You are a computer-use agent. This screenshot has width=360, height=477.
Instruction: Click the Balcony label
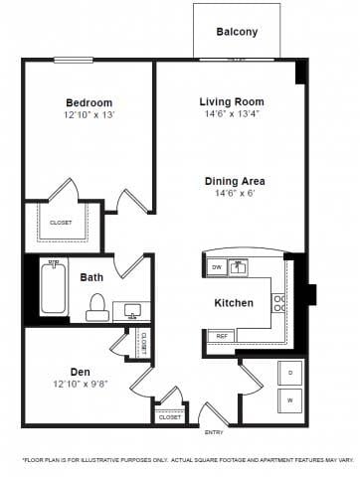click(237, 32)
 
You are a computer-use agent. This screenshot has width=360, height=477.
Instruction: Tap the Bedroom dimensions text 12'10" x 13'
click(90, 115)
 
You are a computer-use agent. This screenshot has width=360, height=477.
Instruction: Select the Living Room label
click(232, 101)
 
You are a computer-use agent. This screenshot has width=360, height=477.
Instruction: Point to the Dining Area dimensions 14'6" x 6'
click(235, 193)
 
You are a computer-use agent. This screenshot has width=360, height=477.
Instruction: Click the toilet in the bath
click(97, 307)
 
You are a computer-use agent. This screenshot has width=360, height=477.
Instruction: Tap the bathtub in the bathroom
click(54, 287)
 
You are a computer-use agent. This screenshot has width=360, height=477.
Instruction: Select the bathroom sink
click(132, 311)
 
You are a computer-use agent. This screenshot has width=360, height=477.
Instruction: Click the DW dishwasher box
click(217, 267)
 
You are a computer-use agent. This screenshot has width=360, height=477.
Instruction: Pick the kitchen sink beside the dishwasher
click(238, 267)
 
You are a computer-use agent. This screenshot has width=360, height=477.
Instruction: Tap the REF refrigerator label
click(222, 336)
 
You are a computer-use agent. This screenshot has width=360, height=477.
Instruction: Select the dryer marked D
click(290, 373)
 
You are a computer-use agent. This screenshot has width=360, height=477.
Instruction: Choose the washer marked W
click(290, 400)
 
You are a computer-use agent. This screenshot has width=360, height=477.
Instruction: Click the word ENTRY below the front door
click(214, 432)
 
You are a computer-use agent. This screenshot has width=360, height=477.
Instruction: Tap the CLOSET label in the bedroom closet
click(61, 223)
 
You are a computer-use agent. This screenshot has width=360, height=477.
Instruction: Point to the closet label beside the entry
click(170, 417)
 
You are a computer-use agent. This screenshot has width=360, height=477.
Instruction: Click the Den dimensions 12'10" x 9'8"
click(81, 385)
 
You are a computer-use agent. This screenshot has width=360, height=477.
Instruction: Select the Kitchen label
click(234, 303)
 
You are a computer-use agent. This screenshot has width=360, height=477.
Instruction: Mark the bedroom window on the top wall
click(74, 60)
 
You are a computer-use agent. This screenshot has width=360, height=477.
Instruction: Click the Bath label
click(91, 277)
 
